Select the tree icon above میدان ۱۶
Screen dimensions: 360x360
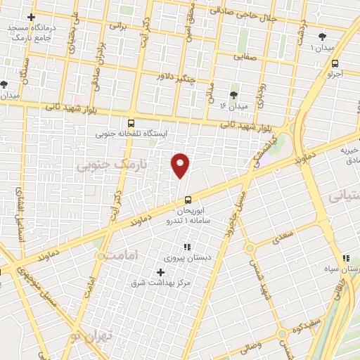233,95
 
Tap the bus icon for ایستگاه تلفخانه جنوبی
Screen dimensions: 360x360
131,123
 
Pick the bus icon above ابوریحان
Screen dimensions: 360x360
187,199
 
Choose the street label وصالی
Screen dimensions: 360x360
250,345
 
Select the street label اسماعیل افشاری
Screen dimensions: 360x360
21,211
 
